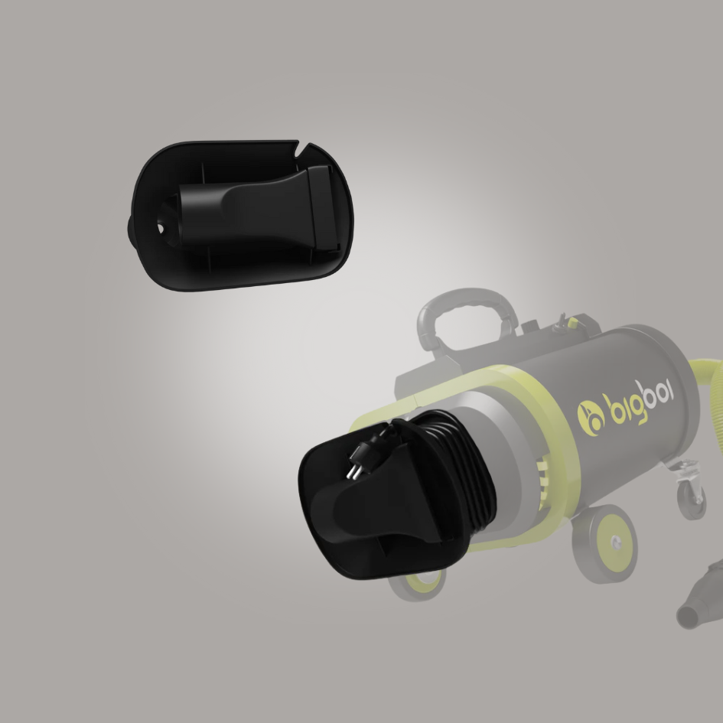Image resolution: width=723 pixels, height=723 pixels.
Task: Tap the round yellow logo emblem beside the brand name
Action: pyautogui.click(x=591, y=418)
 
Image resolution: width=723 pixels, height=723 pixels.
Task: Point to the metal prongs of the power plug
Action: pyautogui.click(x=353, y=472)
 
